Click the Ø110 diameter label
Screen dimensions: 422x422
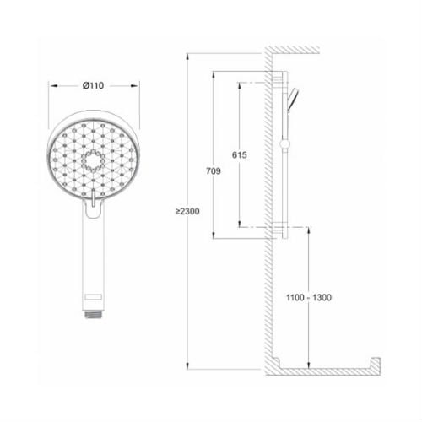point(93,85)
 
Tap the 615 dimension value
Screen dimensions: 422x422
point(240,155)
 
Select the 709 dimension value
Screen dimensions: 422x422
point(214,171)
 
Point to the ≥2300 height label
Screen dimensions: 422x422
point(187,211)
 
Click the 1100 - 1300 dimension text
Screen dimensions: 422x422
point(309,297)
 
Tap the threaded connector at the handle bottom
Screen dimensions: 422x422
point(93,314)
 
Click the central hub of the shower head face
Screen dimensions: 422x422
point(93,161)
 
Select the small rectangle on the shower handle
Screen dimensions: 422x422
point(93,297)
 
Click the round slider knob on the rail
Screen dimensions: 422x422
point(285,144)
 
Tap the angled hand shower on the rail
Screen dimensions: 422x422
point(293,100)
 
